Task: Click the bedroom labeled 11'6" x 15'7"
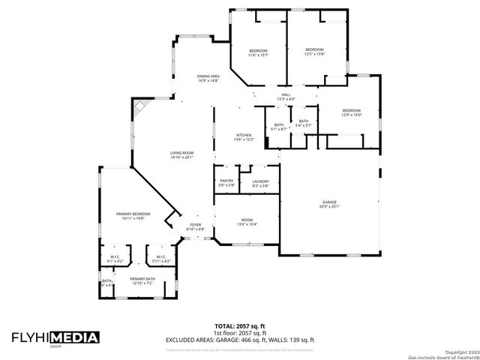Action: (258, 52)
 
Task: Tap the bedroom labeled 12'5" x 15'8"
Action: (314, 51)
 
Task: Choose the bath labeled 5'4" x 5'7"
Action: (303, 123)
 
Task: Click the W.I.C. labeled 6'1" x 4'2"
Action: (115, 259)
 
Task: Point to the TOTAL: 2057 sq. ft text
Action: (239, 327)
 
